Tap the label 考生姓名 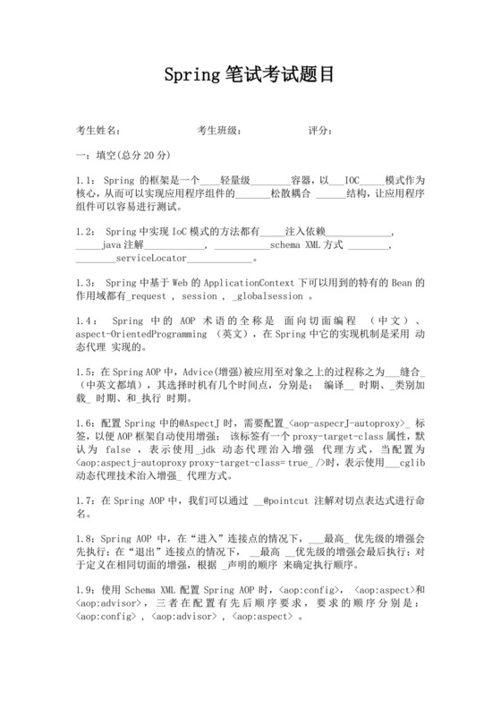coord(98,131)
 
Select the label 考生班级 coord(218,131)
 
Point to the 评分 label coord(321,131)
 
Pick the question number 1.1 coord(87,179)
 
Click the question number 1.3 coord(87,283)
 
